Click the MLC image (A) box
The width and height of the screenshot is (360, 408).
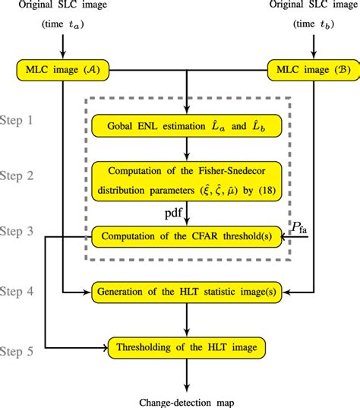(63, 70)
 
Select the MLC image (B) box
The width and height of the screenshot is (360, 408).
(314, 70)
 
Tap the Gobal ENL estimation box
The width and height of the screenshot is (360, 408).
(187, 126)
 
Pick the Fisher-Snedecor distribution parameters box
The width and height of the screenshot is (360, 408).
(187, 182)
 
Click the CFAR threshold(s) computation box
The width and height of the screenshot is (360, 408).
(187, 236)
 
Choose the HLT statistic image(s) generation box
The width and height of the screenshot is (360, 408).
(187, 292)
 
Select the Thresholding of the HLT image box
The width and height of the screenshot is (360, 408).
(187, 348)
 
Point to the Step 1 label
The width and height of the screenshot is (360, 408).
(17, 120)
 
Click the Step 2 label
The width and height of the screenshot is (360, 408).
(17, 176)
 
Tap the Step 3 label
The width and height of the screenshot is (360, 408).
(17, 231)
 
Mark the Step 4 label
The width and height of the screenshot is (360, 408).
(17, 291)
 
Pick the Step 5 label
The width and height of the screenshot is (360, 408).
(17, 351)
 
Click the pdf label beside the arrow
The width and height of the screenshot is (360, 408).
(173, 213)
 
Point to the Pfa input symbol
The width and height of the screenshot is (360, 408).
(299, 227)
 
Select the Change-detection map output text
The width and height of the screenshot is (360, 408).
(187, 403)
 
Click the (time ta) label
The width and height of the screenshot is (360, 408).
(63, 24)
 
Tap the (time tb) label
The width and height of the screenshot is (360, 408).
(314, 24)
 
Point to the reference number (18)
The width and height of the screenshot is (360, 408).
(267, 191)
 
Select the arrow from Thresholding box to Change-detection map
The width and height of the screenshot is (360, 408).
(187, 375)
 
